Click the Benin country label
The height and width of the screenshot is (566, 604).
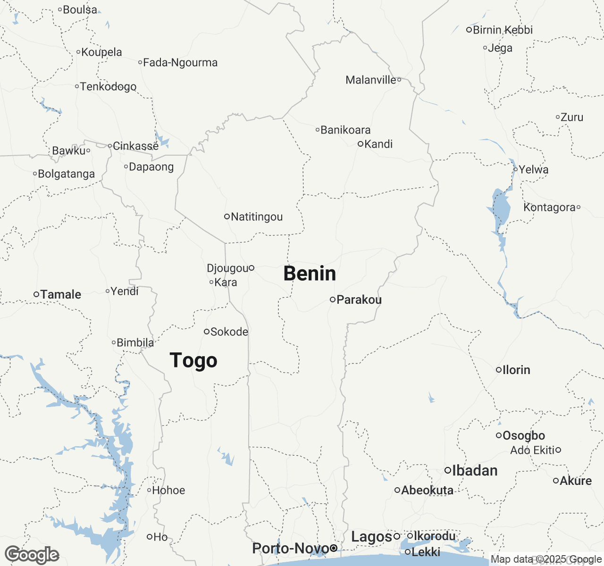coord(310,274)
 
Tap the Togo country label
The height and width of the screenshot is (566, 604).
coord(193,360)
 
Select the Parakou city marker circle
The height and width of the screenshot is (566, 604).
coord(333,300)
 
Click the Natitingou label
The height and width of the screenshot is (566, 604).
coord(257,217)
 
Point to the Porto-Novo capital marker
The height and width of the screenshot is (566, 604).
coord(334,548)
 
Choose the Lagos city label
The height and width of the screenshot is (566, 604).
coord(372,537)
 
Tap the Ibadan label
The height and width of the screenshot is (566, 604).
coord(475,470)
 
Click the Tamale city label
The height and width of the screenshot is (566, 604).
coord(61,294)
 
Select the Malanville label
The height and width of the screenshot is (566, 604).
coord(371,80)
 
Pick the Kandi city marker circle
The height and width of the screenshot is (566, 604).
coord(361,144)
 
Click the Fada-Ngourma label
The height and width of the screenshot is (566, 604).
coord(180,62)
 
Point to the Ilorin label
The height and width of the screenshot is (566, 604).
coord(516,370)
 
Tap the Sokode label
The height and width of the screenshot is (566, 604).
coord(229,332)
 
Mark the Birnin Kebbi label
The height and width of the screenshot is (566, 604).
coord(503,30)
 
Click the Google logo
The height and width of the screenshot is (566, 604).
coord(32,555)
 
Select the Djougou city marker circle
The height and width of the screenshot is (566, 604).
coord(252,268)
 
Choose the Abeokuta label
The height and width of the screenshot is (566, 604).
coord(428,490)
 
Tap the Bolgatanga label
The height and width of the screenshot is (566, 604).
coord(66,174)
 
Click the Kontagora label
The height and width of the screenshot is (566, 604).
coord(549,207)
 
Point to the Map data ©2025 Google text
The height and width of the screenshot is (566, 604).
coord(546,559)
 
